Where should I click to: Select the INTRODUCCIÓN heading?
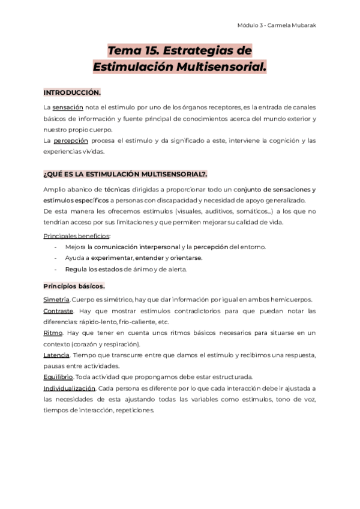coord(72,93)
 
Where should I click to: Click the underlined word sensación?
coord(67,107)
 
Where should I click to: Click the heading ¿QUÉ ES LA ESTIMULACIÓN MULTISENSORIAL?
coord(125,174)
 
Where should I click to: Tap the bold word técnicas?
coord(116,189)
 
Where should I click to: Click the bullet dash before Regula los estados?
coord(55,269)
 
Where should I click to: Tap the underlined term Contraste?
coord(58,311)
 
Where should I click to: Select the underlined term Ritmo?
coord(53,333)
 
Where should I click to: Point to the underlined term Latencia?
coord(57,355)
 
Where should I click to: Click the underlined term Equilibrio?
coord(58,377)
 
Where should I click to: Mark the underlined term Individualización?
coord(69,388)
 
